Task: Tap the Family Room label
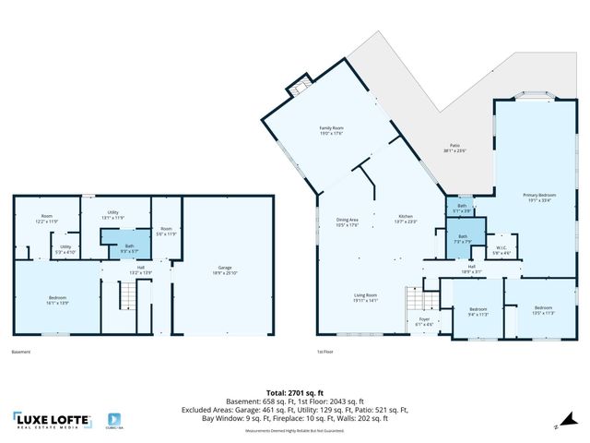coord(331,132)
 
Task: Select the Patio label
coord(454,148)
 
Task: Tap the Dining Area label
coord(347,221)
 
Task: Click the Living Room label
coord(365,297)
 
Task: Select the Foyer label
coord(424,322)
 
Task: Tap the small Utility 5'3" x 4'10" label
coord(65,248)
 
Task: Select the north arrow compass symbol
coord(556,426)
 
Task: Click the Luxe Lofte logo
coord(53,421)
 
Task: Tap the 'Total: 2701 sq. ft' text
coord(293,392)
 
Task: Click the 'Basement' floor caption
coord(21,353)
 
